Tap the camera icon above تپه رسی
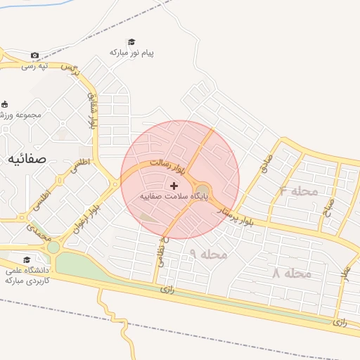coord(35,56)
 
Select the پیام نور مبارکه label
coord(131,53)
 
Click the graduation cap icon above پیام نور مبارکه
coord(131,42)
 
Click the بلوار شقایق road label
coord(91,109)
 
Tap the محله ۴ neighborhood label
coord(298,191)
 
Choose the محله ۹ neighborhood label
coord(208,254)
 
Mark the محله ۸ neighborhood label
coord(291,273)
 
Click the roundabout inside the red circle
coord(202,189)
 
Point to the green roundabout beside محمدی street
coord(53,247)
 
